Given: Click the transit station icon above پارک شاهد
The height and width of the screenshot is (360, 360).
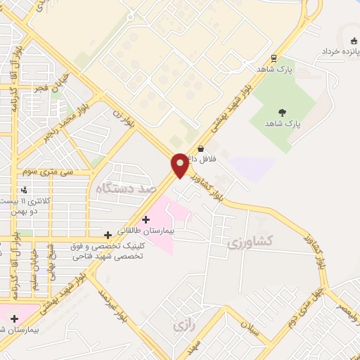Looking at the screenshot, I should [274, 58].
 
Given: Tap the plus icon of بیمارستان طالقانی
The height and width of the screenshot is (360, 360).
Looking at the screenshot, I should [146, 219].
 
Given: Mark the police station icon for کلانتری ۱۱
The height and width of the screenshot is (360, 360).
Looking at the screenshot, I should [24, 190].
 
